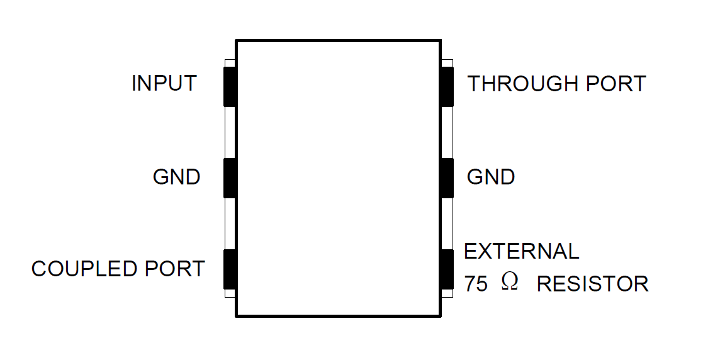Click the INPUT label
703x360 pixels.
(x=164, y=83)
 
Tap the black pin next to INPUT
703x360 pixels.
(x=230, y=86)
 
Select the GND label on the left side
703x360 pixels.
(x=176, y=177)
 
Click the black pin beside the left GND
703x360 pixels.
(x=230, y=178)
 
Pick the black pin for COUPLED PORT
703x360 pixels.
(x=230, y=269)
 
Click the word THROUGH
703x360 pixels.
(x=523, y=84)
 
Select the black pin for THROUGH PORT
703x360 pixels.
(x=447, y=86)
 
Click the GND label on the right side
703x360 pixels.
(x=490, y=177)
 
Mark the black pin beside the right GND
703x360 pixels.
(x=447, y=178)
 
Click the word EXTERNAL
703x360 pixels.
(x=521, y=252)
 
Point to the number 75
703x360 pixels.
(x=476, y=284)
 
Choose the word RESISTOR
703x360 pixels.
(x=592, y=284)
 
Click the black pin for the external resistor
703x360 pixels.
(x=447, y=269)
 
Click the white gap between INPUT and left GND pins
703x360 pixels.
(x=230, y=132)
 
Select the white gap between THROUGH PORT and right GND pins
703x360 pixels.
(x=447, y=132)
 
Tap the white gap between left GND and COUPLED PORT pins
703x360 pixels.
(x=230, y=223)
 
